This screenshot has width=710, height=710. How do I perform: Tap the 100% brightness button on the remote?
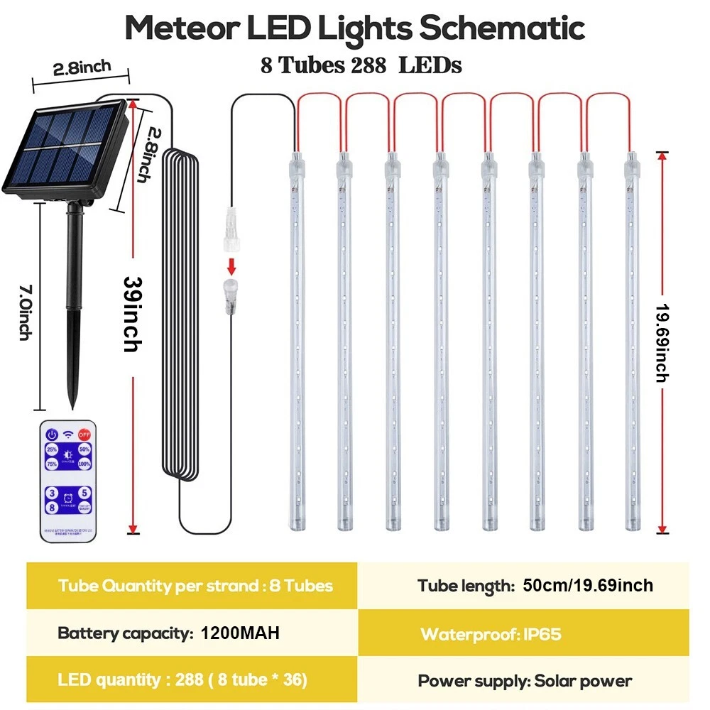tap(84, 464)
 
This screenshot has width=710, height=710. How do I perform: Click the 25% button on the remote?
tap(52, 449)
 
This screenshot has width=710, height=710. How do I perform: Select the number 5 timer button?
tap(85, 491)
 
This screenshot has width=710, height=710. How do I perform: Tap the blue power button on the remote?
tap(52, 434)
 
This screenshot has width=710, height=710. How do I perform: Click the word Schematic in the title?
tap(502, 28)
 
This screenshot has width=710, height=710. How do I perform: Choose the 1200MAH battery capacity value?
tap(240, 633)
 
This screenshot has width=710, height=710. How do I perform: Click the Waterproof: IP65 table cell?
tap(491, 634)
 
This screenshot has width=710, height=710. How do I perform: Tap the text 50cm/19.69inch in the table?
tap(588, 586)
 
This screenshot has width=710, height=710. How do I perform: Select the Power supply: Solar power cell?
tap(525, 681)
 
